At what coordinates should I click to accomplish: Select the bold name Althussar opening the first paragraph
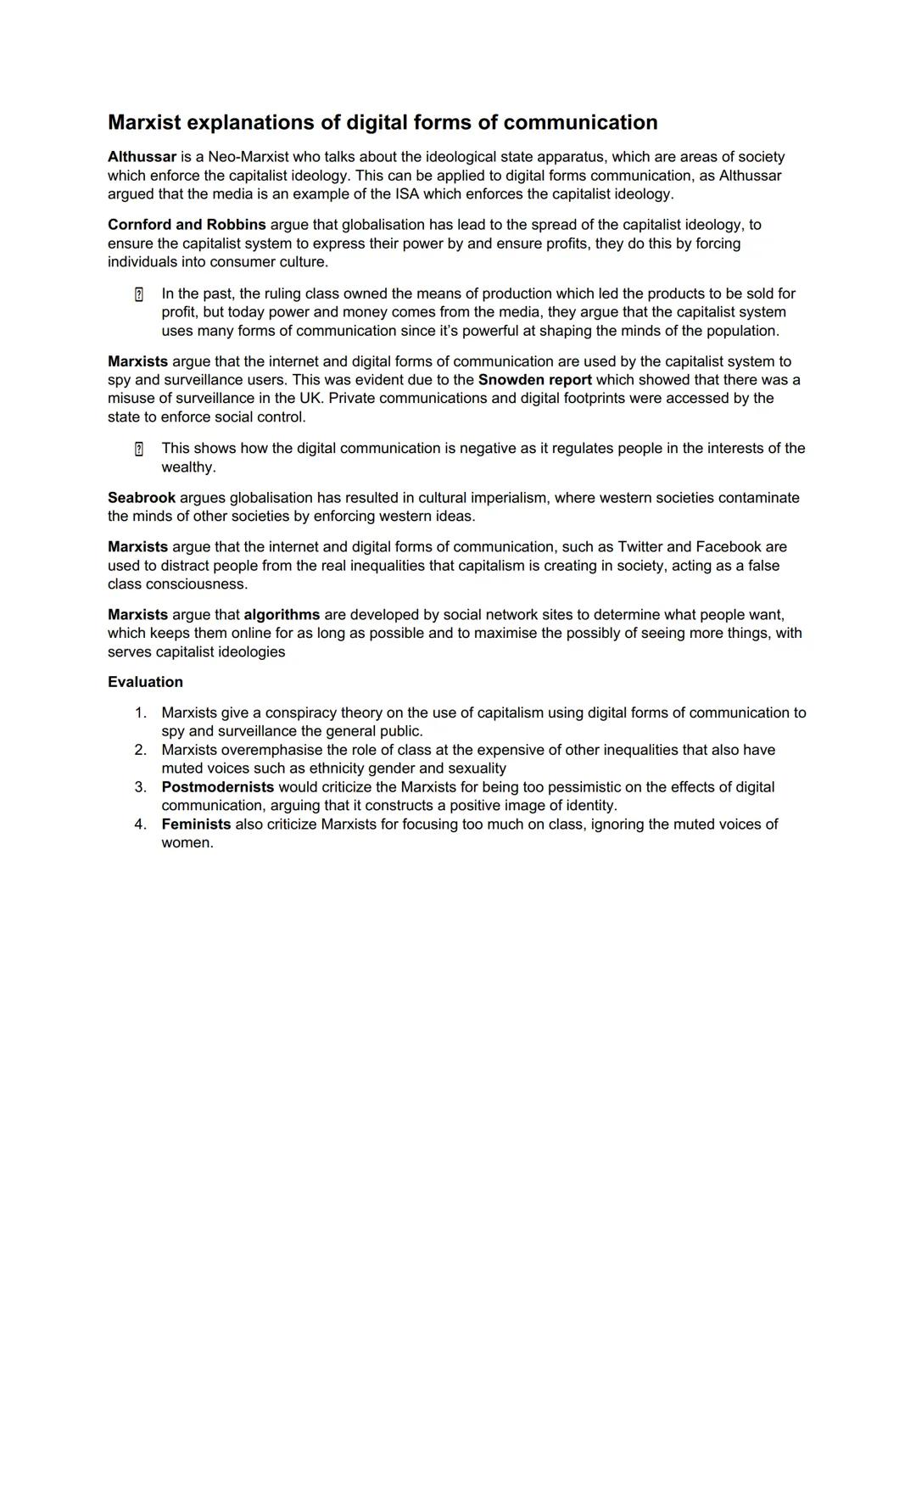pos(142,157)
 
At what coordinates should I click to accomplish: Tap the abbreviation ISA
pos(407,194)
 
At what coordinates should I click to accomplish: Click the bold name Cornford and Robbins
pos(187,225)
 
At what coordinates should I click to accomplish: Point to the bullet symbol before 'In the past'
pos(139,294)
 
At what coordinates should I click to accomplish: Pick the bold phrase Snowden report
pos(534,380)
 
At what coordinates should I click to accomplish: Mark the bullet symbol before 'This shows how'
pos(139,449)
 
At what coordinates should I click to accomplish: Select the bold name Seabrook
pos(142,498)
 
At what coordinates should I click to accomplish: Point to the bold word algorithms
pos(282,615)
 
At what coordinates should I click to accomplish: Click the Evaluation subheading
pos(145,682)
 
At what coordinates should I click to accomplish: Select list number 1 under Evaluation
pos(140,713)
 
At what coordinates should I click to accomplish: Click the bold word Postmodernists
pos(218,787)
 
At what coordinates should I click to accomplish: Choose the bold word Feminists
pos(196,824)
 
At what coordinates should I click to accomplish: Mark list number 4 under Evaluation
pos(140,824)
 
